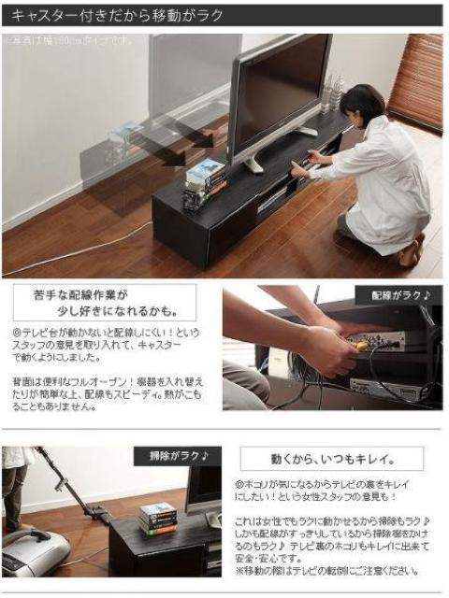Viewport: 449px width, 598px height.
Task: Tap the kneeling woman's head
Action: (361, 104)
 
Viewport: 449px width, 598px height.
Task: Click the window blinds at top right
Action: (415, 78)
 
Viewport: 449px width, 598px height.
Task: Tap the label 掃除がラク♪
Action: (179, 456)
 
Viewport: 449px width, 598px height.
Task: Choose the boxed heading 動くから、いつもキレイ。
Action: (331, 459)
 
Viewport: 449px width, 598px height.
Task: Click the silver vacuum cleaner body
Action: (34, 552)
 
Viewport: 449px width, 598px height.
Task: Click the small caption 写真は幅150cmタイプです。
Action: (70, 41)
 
